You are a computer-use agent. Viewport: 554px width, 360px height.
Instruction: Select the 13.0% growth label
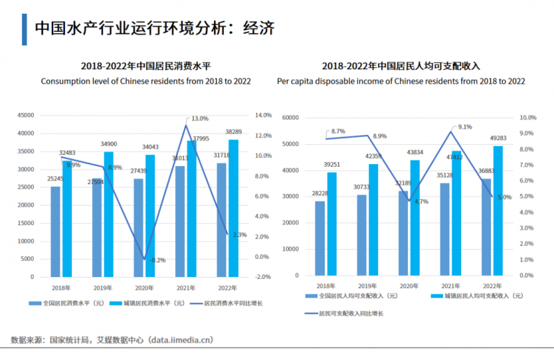(x=199, y=118)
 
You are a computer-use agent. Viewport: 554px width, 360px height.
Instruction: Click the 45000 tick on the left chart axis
(x=26, y=115)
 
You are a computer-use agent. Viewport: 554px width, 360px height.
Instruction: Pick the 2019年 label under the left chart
(x=102, y=288)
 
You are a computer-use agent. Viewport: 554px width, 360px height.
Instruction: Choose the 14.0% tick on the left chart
(x=263, y=115)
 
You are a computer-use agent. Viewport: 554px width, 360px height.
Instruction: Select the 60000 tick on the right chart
(x=288, y=118)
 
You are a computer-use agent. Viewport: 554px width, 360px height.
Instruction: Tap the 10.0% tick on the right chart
(x=528, y=118)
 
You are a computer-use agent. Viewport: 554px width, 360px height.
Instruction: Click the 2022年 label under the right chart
(x=492, y=285)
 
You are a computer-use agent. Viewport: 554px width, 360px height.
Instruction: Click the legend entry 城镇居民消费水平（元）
(x=152, y=303)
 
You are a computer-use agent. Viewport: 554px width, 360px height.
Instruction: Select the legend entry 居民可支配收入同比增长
(x=350, y=314)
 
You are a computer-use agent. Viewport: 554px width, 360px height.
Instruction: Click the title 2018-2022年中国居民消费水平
(x=145, y=66)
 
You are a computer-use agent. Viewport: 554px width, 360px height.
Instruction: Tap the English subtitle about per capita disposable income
(x=401, y=82)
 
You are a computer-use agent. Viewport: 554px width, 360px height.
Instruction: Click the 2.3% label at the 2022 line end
(x=240, y=235)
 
